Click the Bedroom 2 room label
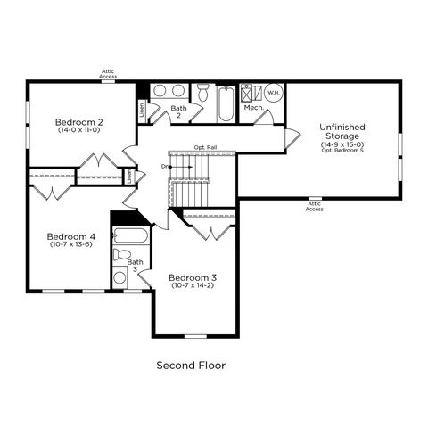point(79,122)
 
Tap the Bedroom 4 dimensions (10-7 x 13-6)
point(71,244)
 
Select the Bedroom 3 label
point(193,277)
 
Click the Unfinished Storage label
point(342,131)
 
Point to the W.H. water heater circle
point(274,93)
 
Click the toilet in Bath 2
point(203,92)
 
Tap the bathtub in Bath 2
point(226,103)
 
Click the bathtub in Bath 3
point(130,235)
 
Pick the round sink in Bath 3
point(119,277)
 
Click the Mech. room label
point(254,108)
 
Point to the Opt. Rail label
point(205,147)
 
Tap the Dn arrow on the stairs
point(180,167)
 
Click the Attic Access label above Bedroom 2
point(108,74)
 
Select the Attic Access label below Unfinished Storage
point(315,206)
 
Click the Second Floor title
point(191,366)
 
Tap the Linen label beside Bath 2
point(143,110)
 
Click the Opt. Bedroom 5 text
point(342,151)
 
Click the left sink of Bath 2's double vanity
point(160,91)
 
